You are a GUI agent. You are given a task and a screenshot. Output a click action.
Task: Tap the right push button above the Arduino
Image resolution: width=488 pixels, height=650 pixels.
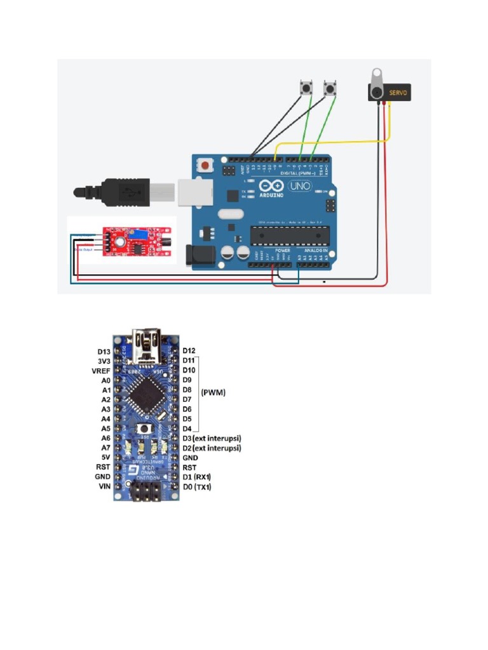(330, 88)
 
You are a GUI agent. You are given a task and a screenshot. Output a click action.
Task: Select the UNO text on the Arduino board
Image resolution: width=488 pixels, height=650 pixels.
(299, 187)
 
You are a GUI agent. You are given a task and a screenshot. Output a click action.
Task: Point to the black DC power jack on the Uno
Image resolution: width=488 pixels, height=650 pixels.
(198, 255)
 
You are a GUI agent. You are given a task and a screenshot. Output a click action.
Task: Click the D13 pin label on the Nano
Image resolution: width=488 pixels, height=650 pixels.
(104, 351)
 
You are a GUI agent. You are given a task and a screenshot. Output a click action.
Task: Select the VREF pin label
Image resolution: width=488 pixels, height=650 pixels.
(101, 370)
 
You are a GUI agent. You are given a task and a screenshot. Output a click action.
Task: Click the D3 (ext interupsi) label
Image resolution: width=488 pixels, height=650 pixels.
(212, 438)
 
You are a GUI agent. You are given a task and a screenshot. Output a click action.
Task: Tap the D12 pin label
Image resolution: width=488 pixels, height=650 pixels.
(189, 350)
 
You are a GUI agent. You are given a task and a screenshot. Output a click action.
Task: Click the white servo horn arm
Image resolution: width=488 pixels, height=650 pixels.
(377, 80)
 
